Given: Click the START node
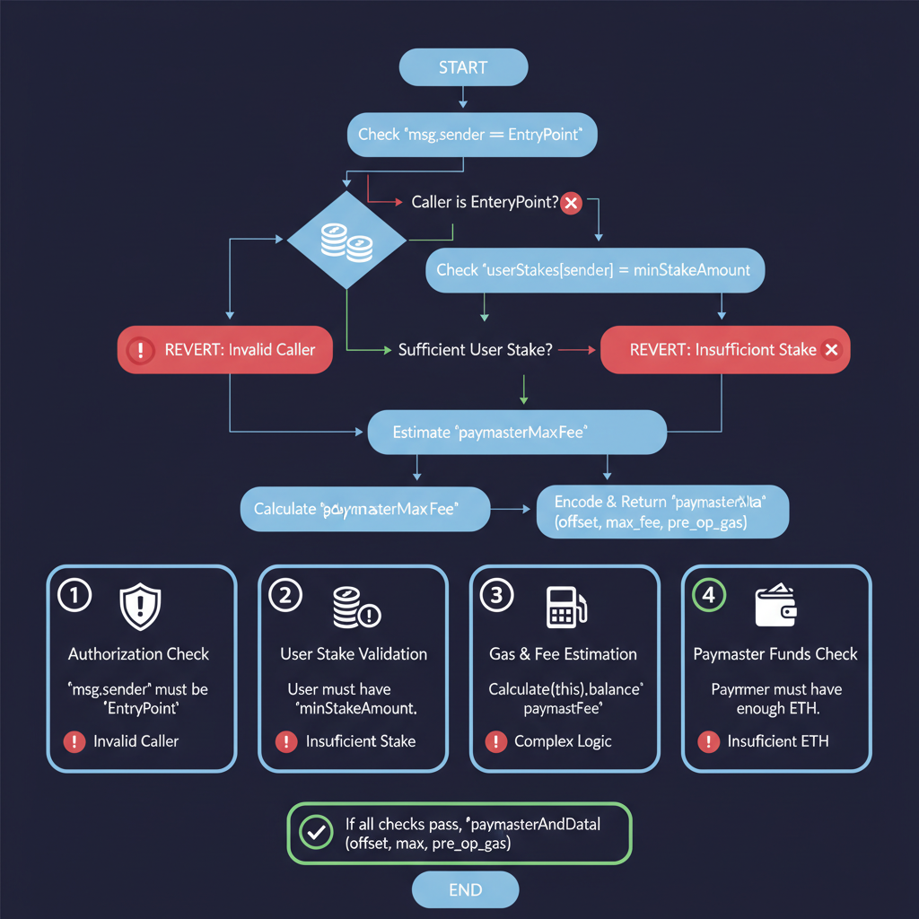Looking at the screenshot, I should (x=463, y=67).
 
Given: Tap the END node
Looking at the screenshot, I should (x=465, y=890).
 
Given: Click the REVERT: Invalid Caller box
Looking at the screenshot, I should (x=225, y=349).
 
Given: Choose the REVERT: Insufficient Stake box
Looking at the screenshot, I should (x=724, y=349).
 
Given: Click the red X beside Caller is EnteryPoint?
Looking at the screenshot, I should (x=571, y=203).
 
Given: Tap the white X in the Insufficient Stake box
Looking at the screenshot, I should (x=831, y=349).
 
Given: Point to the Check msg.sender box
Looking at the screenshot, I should (x=471, y=135).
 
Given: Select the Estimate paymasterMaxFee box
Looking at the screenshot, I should (x=517, y=433).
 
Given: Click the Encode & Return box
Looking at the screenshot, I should (x=662, y=512).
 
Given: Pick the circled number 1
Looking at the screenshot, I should (x=74, y=596).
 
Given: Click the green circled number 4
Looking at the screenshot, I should (x=709, y=596).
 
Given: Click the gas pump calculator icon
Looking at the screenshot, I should (x=565, y=607).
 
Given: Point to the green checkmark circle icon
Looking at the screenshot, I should (x=315, y=833).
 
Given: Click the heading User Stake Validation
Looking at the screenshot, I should (x=354, y=654).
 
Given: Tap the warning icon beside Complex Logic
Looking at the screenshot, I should (x=495, y=741).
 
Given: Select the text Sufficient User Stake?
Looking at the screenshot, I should (x=475, y=349).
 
